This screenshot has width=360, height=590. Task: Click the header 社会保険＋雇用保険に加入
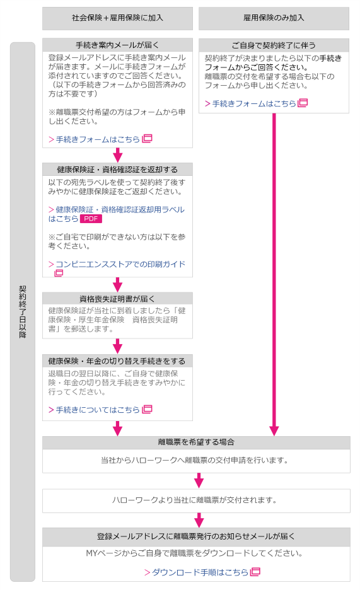tap(117, 18)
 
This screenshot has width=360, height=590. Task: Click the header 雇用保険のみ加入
tap(274, 18)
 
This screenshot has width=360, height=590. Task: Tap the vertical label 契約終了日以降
tap(23, 311)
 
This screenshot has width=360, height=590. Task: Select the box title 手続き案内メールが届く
tap(117, 45)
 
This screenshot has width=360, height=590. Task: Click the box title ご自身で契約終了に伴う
tap(274, 45)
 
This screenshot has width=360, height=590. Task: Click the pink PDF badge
tap(91, 219)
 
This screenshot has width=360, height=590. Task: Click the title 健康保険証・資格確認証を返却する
tap(117, 170)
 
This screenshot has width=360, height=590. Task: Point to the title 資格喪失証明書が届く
tap(117, 299)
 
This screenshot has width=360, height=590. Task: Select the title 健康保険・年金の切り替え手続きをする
tap(117, 361)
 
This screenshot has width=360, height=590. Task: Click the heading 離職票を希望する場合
tap(196, 442)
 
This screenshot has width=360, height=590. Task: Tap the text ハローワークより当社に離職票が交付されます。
tap(195, 500)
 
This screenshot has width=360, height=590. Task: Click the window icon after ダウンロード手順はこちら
tap(255, 572)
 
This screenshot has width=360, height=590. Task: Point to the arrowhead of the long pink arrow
tap(274, 431)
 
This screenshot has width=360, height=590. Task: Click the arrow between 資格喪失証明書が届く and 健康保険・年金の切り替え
tap(117, 346)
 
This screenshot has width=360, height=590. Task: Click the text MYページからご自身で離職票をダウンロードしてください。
tap(195, 553)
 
